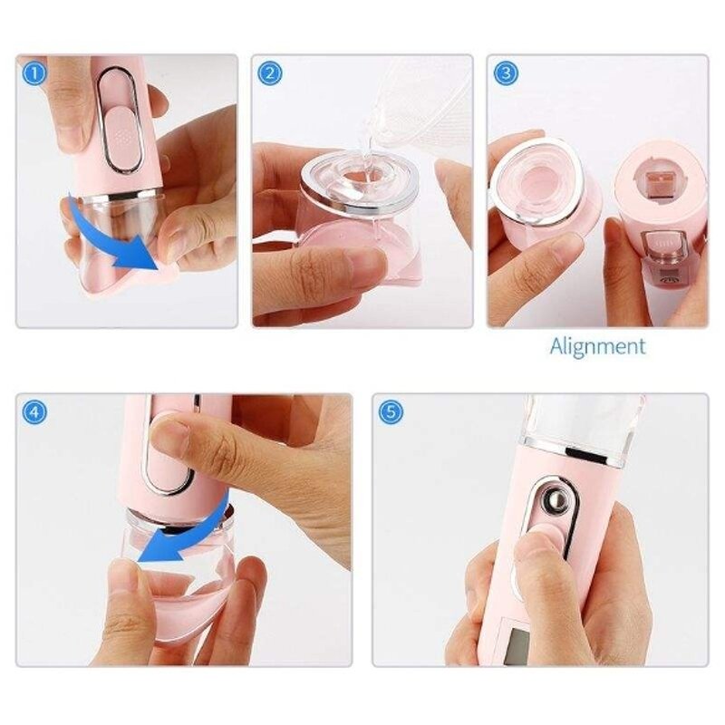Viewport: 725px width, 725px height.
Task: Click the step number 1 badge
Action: point(34,73)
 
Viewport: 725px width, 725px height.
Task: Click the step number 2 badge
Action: point(268,73)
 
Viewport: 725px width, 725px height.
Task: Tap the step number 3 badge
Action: point(505,73)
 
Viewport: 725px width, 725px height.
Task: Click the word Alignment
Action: point(598,346)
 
